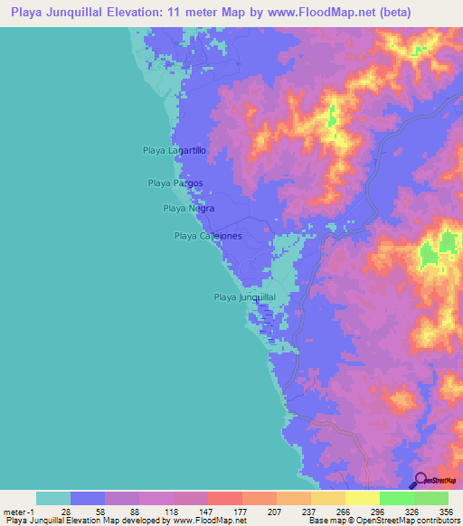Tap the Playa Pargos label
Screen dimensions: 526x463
pos(175,183)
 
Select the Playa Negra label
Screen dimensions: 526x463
pos(188,208)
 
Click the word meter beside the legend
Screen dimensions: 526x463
pos(13,511)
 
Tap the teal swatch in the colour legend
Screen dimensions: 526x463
pos(53,498)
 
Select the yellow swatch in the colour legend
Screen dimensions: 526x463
pos(362,498)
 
